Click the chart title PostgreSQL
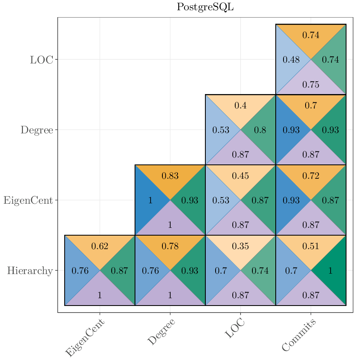pyautogui.click(x=205, y=7)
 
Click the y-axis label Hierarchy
pyautogui.click(x=30, y=271)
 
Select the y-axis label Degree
pyautogui.click(x=37, y=130)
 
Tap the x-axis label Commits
pyautogui.click(x=299, y=335)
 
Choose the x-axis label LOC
pyautogui.click(x=235, y=329)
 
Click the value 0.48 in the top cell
pyautogui.click(x=291, y=60)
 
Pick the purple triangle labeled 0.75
pyautogui.click(x=310, y=85)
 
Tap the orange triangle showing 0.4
pyautogui.click(x=240, y=106)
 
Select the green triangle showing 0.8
pyautogui.click(x=260, y=130)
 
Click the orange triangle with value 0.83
pyautogui.click(x=170, y=176)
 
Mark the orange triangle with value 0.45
pyautogui.click(x=240, y=176)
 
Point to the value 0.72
pyautogui.click(x=310, y=176)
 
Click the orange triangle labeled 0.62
pyautogui.click(x=99, y=246)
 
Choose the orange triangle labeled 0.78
pyautogui.click(x=170, y=246)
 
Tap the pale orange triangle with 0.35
pyautogui.click(x=240, y=246)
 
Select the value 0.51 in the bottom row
pyautogui.click(x=310, y=246)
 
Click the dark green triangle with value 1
pyautogui.click(x=330, y=271)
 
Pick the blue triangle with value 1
pyautogui.click(x=150, y=200)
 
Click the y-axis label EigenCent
pyautogui.click(x=28, y=200)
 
